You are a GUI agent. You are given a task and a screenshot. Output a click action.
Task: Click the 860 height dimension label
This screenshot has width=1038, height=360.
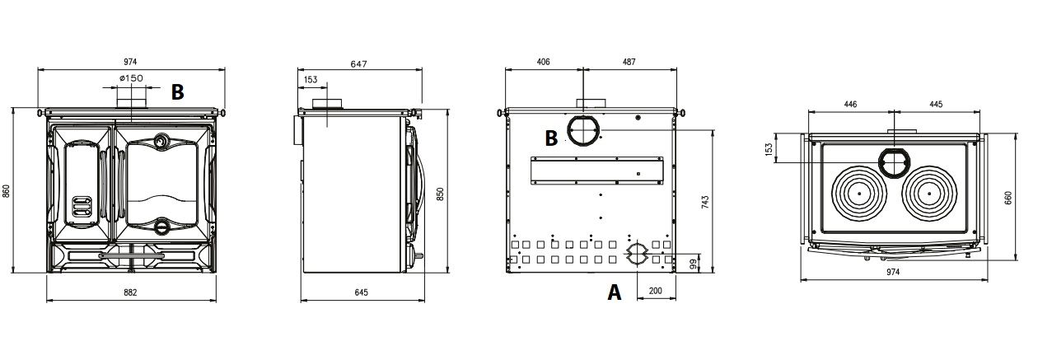[x=6, y=190]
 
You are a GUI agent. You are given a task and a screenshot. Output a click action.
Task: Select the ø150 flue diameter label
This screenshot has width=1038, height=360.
[x=131, y=77]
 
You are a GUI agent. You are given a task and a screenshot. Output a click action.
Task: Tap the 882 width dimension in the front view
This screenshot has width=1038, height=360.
[x=131, y=292]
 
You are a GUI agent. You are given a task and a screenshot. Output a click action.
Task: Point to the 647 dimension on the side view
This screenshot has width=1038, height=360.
[x=358, y=64]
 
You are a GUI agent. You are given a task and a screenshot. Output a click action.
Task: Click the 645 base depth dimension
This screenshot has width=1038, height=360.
[x=361, y=292]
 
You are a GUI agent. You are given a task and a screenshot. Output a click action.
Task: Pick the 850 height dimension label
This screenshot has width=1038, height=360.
[x=440, y=194]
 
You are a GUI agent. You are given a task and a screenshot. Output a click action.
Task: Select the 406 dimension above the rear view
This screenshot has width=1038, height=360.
[x=543, y=62]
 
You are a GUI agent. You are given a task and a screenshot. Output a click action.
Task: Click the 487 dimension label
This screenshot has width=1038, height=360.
[x=629, y=62]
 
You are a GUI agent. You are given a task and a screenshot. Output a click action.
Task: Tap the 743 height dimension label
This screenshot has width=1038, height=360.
[x=705, y=202]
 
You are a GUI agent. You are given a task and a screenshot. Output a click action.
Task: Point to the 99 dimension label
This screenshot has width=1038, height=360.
[x=694, y=264]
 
